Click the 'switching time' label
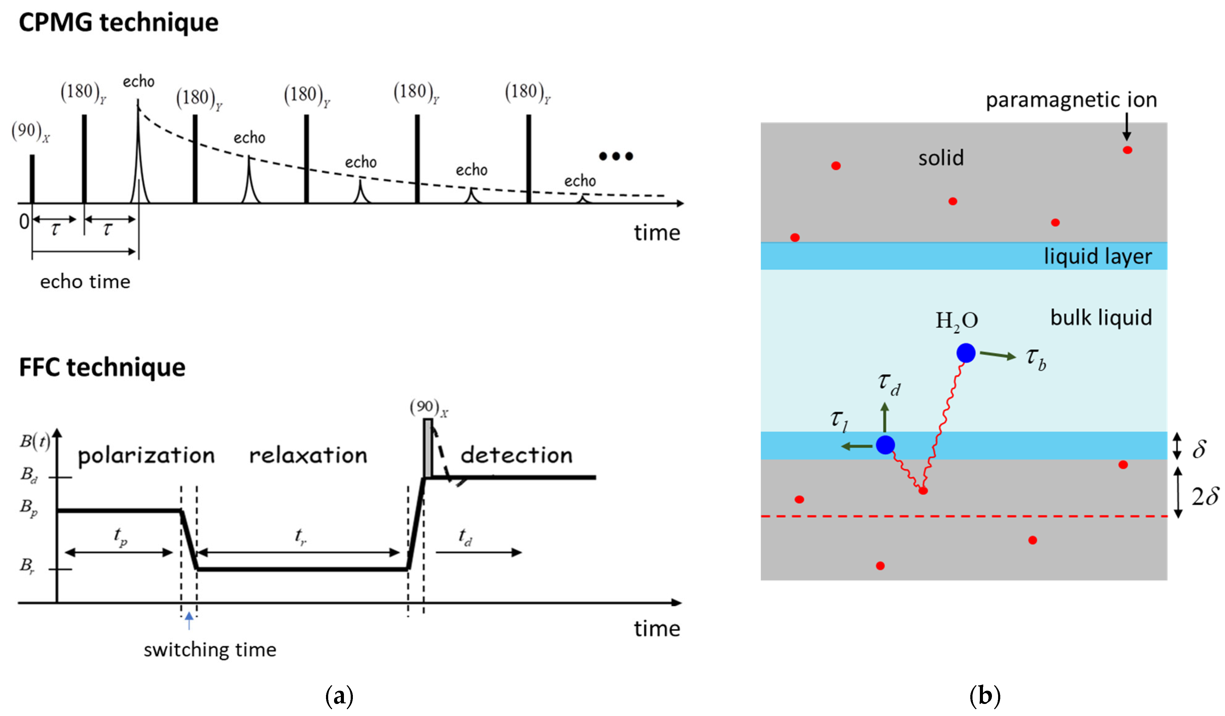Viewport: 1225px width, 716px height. click(x=210, y=650)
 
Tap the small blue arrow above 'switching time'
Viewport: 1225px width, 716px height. click(x=189, y=621)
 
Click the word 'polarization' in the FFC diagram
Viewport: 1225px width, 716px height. click(x=146, y=456)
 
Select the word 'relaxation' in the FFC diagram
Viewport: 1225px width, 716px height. click(x=308, y=456)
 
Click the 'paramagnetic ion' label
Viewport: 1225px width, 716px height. click(x=1071, y=100)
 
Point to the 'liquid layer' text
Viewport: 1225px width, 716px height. click(x=1097, y=256)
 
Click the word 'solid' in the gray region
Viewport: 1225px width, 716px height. click(x=941, y=158)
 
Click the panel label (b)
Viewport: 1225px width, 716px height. click(x=985, y=696)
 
